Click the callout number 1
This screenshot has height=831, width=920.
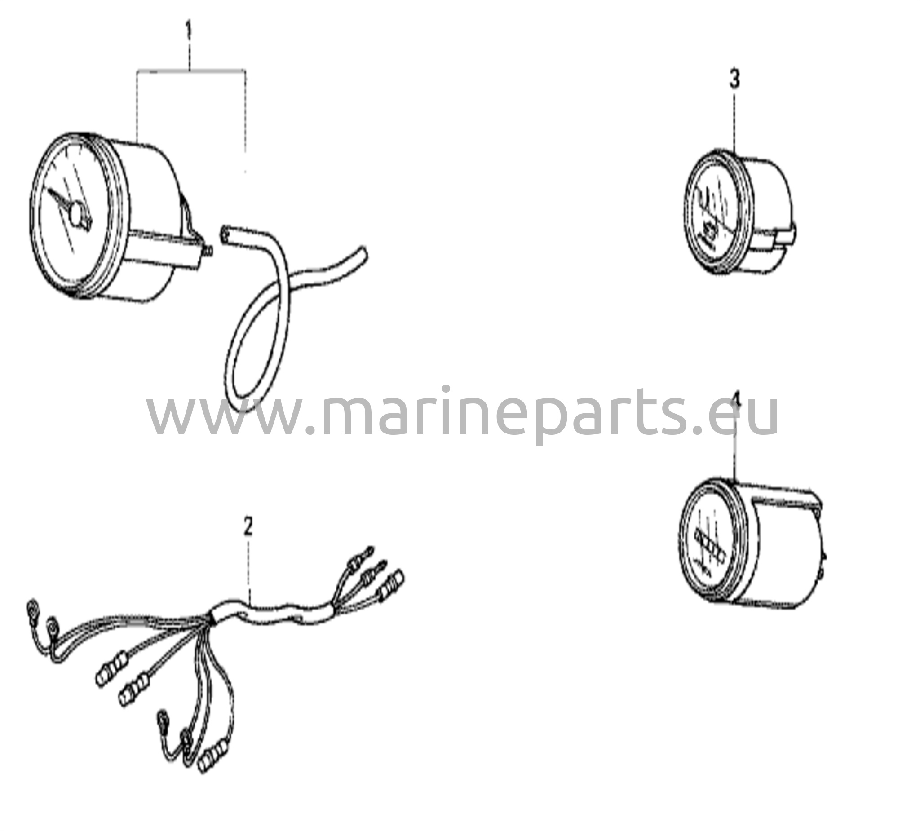(189, 33)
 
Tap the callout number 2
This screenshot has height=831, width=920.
(248, 526)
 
